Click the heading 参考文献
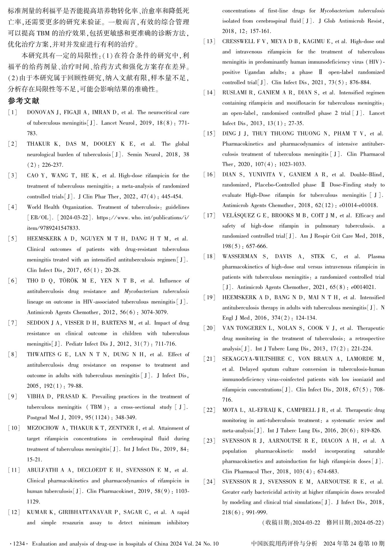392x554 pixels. point(24,101)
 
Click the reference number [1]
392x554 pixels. point(13,113)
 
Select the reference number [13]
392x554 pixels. point(209,42)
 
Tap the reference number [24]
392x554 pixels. point(209,482)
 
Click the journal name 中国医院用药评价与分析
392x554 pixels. point(284,544)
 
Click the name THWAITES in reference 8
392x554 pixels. point(41,355)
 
